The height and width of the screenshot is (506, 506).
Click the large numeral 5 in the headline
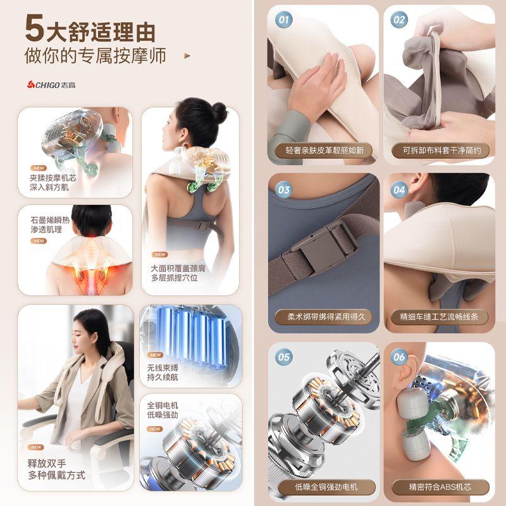point(35,28)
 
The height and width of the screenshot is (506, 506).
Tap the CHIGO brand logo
point(51,85)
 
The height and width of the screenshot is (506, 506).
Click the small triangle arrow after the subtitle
point(187,56)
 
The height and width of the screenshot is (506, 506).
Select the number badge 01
point(283,20)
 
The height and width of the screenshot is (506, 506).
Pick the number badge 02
point(399,20)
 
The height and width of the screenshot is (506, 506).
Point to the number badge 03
point(283,190)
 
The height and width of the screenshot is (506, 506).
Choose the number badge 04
point(399,190)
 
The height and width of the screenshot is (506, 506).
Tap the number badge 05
point(283,357)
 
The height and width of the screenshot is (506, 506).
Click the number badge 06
point(399,357)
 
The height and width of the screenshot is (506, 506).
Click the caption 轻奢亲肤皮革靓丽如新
point(324,151)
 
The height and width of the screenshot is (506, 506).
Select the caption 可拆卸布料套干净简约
point(441,151)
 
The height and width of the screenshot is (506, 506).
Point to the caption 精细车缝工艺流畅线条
point(439,317)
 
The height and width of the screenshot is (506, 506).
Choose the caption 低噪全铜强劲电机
point(326,486)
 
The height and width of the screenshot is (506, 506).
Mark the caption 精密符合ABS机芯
point(440,486)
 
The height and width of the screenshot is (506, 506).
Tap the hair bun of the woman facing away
point(219,113)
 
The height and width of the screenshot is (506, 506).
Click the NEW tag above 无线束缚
point(155,355)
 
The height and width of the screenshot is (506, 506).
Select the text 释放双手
point(47,464)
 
